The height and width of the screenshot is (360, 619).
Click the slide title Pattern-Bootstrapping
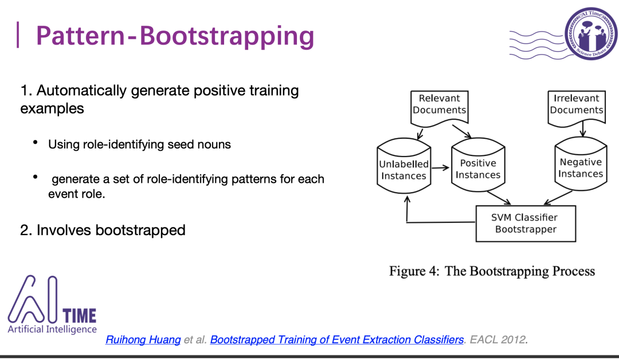[x=175, y=36]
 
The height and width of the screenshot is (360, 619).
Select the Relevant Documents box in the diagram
[x=440, y=104]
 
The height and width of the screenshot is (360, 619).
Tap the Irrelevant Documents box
[x=577, y=104]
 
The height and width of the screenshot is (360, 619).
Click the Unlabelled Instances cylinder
[x=403, y=170]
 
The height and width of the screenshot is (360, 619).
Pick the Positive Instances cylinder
[x=478, y=169]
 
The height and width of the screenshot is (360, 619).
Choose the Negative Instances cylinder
[x=581, y=168]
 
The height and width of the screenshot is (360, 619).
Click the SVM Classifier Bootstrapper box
[x=526, y=224]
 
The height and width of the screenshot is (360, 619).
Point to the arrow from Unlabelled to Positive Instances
[x=440, y=169]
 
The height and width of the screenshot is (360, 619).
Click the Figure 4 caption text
[x=492, y=271]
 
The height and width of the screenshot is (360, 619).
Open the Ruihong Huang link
[x=143, y=340]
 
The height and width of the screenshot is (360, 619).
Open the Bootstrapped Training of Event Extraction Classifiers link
[x=336, y=340]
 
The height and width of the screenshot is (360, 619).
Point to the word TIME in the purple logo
[x=79, y=315]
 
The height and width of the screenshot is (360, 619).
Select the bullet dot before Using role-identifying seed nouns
[x=36, y=142]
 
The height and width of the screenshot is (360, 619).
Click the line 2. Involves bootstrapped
[x=103, y=230]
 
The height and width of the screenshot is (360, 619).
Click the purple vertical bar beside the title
[x=18, y=35]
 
